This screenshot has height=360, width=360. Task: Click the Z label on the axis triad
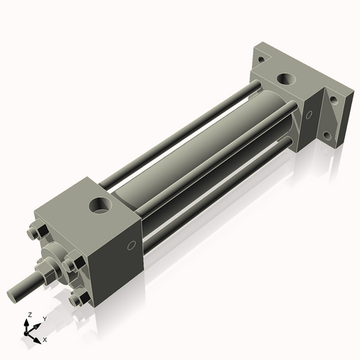click(x=30, y=315)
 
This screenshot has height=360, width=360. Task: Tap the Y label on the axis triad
click(x=45, y=319)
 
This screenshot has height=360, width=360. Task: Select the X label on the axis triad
click(x=45, y=340)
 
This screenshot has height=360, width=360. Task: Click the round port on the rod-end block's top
click(x=100, y=205)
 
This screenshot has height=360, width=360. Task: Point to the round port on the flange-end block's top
click(x=287, y=79)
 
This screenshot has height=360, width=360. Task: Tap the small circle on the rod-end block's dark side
click(x=132, y=246)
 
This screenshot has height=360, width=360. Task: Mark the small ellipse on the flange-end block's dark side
click(x=309, y=114)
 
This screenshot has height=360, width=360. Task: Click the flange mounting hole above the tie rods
click(x=261, y=59)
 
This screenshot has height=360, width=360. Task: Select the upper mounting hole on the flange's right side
click(x=334, y=100)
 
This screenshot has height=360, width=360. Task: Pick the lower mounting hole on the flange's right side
click(x=328, y=136)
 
